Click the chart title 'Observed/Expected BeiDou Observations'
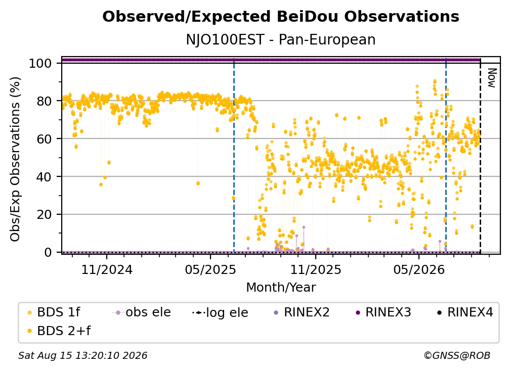[x=281, y=17]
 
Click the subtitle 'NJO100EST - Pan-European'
[x=281, y=39]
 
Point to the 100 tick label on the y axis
[x=40, y=63]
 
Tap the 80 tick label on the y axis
[x=44, y=101]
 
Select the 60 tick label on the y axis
[x=44, y=139]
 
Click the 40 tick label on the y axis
[x=44, y=177]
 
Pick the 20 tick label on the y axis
[x=44, y=215]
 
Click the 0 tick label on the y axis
[x=48, y=252]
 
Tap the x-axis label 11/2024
[x=107, y=270]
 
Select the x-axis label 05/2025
[x=210, y=270]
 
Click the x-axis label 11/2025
[x=316, y=270]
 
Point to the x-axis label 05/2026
[x=419, y=270]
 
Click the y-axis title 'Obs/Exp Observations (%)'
[x=15, y=159]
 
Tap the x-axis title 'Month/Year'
[x=281, y=288]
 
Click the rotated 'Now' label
[x=491, y=78]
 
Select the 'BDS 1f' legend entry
[x=54, y=312]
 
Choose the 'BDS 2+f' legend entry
[x=59, y=331]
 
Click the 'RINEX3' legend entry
[x=384, y=312]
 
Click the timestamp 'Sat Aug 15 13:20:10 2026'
[x=82, y=356]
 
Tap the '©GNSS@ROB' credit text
[x=457, y=356]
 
